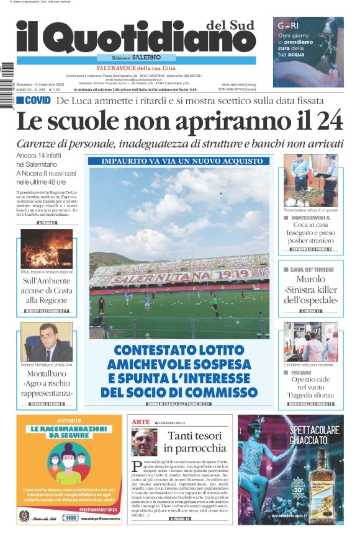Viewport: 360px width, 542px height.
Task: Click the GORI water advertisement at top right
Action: click(x=308, y=43)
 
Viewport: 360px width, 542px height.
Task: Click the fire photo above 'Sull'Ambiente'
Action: click(x=46, y=248)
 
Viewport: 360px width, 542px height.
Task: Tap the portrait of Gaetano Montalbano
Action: click(x=46, y=342)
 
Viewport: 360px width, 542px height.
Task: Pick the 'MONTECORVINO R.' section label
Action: click(x=311, y=218)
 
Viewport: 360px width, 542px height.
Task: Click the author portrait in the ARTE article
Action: click(x=144, y=442)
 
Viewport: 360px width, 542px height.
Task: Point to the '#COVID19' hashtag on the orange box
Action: click(x=69, y=420)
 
